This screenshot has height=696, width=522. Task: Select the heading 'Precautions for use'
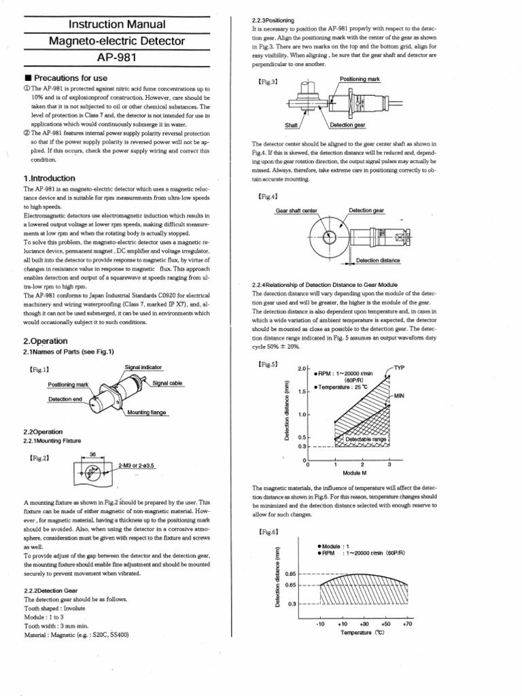tap(67, 78)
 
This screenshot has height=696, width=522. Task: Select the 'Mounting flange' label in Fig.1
tap(146, 413)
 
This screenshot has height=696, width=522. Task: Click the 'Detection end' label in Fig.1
tap(65, 399)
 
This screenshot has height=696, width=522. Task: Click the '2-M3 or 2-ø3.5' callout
tap(137, 466)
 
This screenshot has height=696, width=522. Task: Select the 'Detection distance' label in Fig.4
tap(378, 260)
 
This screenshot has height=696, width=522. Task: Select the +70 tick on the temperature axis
tap(408, 623)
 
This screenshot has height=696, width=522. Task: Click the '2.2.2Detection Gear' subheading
tap(58, 591)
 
